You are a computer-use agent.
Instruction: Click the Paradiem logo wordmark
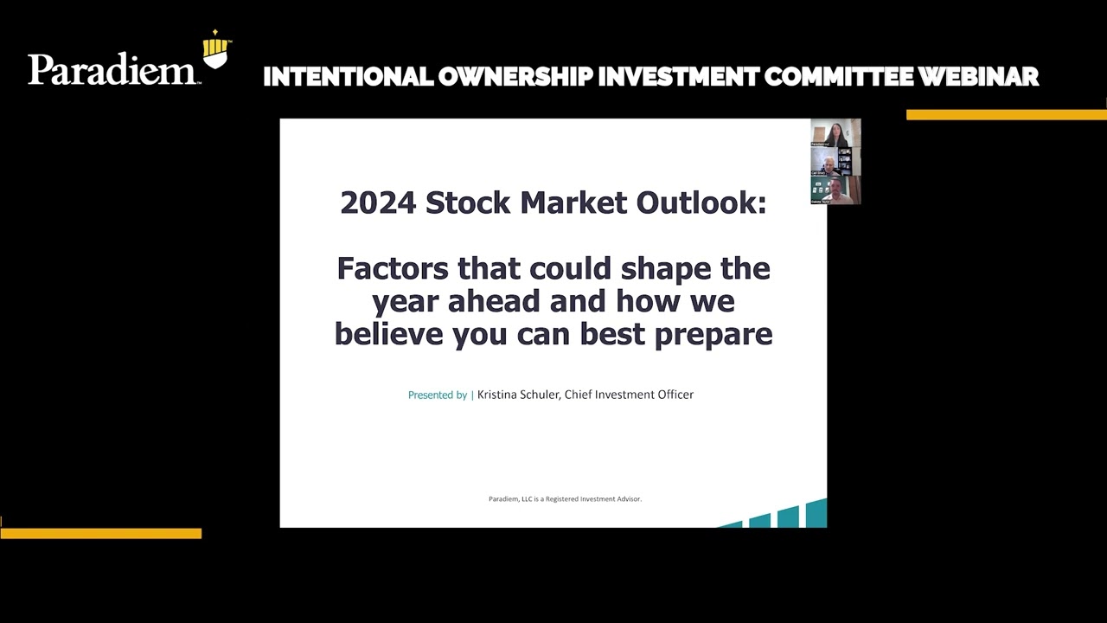112,69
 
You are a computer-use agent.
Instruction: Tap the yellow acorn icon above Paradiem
216,50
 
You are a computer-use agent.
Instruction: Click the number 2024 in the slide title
378,202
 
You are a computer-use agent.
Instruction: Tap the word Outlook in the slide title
701,202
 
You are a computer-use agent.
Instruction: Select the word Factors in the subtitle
393,268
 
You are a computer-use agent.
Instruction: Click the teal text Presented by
438,395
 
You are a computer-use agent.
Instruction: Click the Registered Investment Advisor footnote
565,499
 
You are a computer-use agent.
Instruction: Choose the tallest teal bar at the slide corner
816,514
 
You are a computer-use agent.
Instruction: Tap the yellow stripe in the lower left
100,533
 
